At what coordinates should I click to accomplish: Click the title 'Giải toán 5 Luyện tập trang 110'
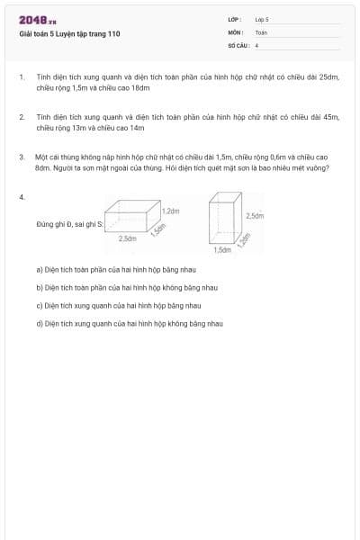click(68, 34)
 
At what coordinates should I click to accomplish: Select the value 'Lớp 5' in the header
click(262, 18)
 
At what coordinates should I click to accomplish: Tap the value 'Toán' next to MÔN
click(261, 31)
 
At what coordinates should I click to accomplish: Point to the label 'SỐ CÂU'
click(237, 44)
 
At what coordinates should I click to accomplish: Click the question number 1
click(21, 78)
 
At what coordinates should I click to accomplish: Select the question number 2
click(21, 117)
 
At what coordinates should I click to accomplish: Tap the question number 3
click(21, 157)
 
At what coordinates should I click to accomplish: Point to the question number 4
click(21, 195)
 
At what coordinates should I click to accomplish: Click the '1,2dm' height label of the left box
click(171, 211)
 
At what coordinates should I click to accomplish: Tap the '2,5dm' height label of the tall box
click(255, 216)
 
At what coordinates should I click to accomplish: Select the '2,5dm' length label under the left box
click(128, 238)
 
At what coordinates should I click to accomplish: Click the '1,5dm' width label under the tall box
click(222, 249)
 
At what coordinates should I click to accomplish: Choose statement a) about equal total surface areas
click(103, 269)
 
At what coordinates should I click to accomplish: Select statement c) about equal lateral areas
click(104, 305)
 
